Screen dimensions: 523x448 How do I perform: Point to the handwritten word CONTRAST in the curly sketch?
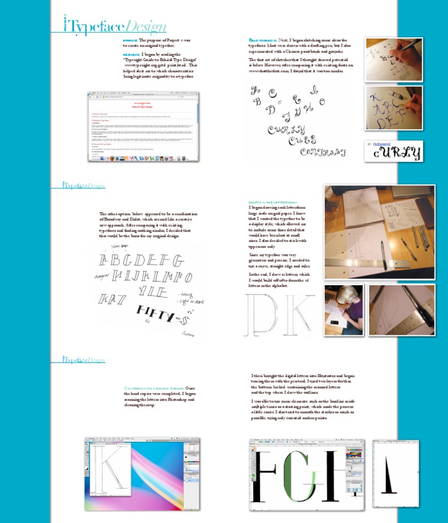[x=322, y=152]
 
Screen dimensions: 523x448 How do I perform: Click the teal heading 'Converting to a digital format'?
[x=153, y=388]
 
